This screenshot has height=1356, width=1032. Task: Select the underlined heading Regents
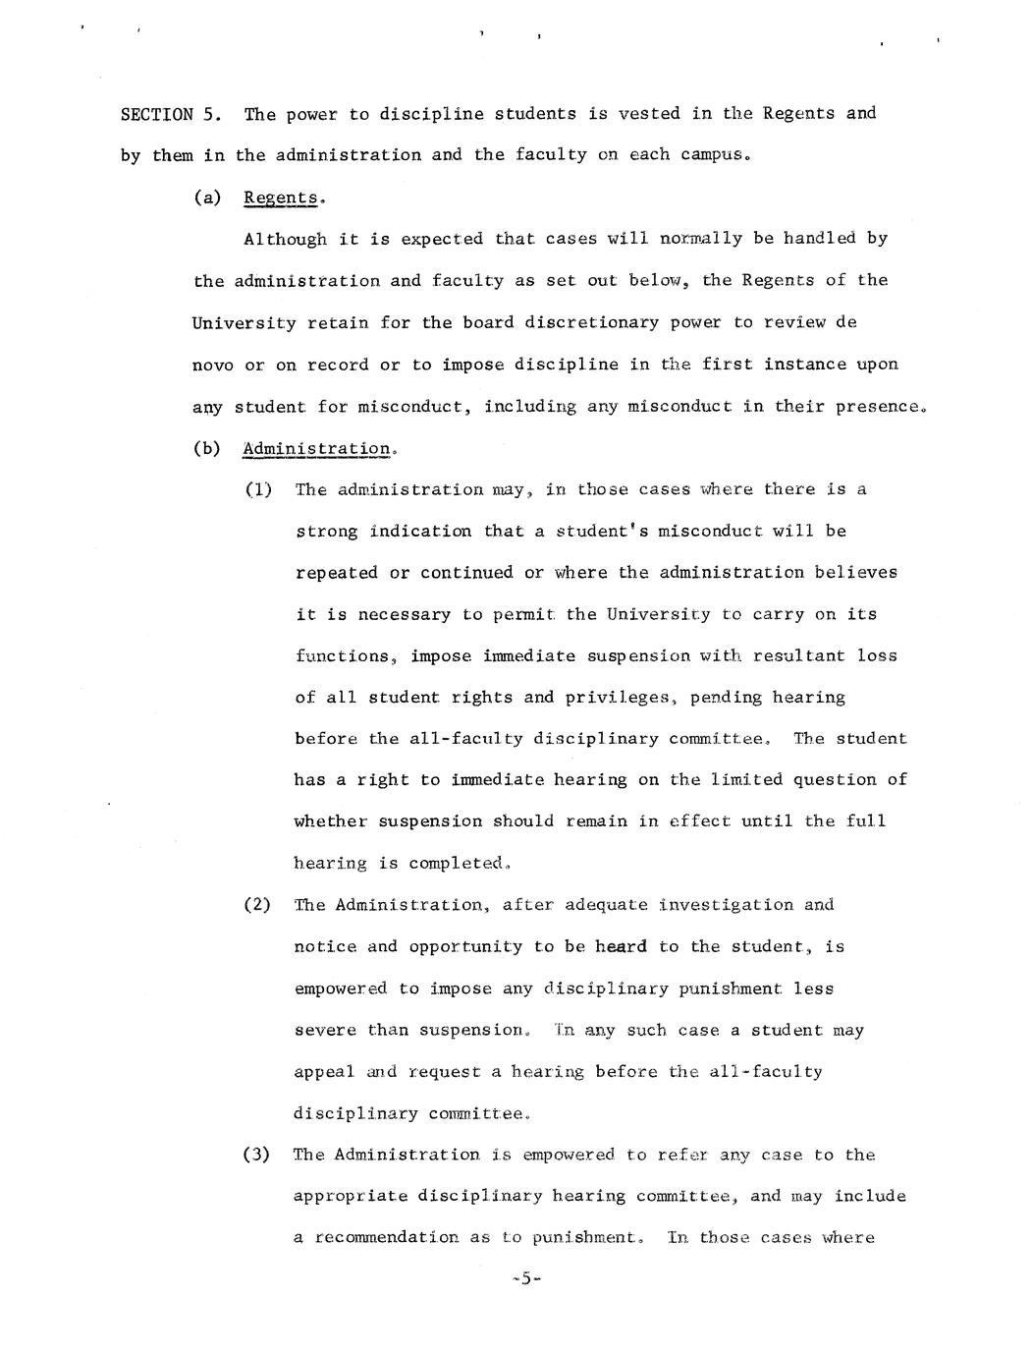(281, 198)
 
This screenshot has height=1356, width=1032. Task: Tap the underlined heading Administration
(316, 449)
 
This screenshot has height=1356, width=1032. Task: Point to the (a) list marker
(207, 198)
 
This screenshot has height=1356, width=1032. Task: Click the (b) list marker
(207, 449)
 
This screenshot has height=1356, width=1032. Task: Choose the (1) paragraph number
(258, 489)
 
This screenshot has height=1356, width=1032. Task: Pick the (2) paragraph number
(257, 904)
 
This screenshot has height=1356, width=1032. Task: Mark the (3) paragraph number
(257, 1155)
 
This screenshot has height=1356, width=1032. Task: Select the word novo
(213, 365)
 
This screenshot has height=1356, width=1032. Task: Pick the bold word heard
(621, 946)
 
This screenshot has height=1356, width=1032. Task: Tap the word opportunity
(465, 946)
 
